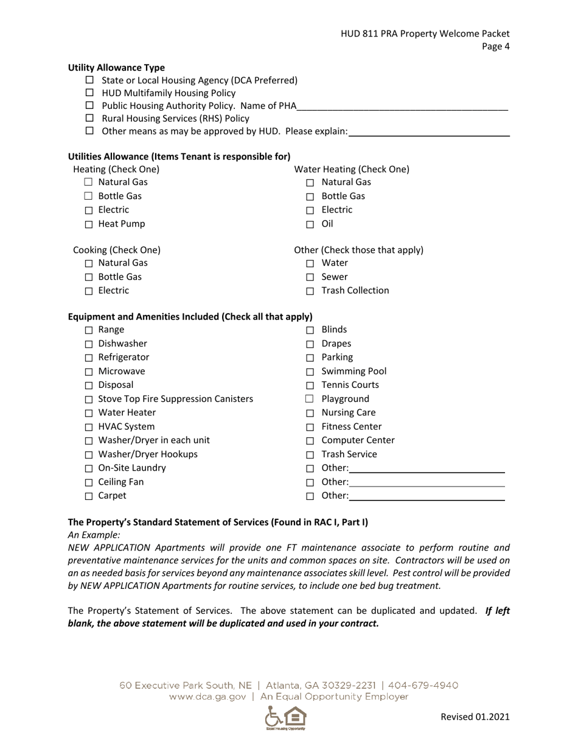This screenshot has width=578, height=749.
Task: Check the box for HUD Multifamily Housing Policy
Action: point(89,93)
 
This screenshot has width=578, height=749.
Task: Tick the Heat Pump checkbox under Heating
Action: point(89,225)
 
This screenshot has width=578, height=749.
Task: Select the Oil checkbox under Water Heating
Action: point(310,225)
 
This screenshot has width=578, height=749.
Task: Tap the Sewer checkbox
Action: point(310,278)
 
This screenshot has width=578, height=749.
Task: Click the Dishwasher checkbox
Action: point(89,344)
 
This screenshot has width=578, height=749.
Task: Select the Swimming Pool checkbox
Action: point(310,372)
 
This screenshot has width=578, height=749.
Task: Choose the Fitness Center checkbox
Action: point(310,427)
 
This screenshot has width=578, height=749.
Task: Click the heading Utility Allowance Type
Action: point(116,68)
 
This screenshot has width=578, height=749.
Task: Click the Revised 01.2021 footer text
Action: point(475,717)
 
